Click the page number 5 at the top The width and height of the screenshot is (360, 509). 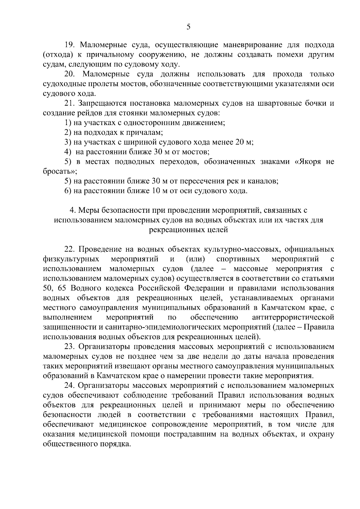click(188, 27)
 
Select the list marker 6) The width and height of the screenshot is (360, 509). click(67, 191)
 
